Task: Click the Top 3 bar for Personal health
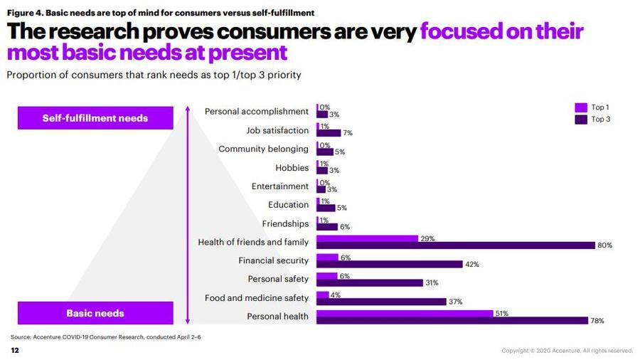[x=452, y=321]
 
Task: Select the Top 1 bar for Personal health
[x=404, y=313]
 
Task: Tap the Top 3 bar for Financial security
[x=389, y=265]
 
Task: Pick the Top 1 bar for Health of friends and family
[x=367, y=239]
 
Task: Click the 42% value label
[x=471, y=265]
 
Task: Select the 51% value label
[x=501, y=313]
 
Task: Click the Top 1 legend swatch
[x=580, y=107]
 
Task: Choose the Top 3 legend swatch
[x=580, y=120]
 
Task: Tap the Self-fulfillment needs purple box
[x=95, y=118]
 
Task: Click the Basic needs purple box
[x=95, y=313]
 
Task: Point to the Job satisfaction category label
[x=277, y=131]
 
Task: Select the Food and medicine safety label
[x=257, y=298]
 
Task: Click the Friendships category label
[x=285, y=224]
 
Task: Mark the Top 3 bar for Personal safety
[x=370, y=283]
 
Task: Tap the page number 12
[x=14, y=351]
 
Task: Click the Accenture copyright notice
[x=567, y=351]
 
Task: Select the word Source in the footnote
[x=21, y=337]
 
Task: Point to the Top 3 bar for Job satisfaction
[x=329, y=133]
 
